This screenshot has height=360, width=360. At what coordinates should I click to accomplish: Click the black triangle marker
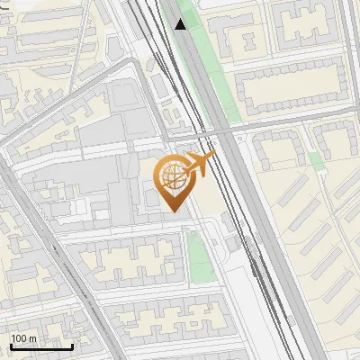(x=181, y=23)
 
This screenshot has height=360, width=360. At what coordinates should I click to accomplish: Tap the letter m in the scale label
(x=33, y=338)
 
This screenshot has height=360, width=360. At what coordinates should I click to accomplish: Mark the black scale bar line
(x=41, y=346)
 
